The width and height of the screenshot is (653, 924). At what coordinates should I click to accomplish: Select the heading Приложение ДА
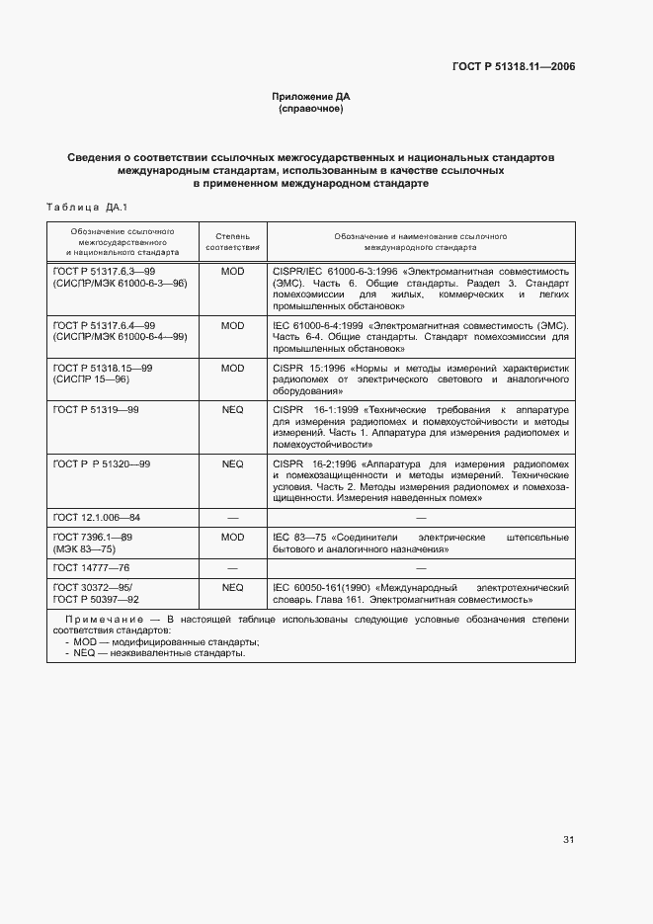(311, 97)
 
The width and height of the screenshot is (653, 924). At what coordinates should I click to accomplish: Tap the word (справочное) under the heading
(311, 109)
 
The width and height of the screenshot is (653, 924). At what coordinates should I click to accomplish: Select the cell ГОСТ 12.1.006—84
(96, 517)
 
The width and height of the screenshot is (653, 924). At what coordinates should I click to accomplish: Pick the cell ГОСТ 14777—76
(91, 568)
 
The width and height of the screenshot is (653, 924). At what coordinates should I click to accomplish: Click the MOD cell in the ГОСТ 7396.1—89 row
(232, 537)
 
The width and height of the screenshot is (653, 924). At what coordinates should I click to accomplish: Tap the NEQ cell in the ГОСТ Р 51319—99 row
(232, 407)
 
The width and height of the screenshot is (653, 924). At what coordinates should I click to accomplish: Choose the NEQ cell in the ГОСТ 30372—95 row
(232, 587)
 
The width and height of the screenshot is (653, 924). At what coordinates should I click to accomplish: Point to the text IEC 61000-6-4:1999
(317, 325)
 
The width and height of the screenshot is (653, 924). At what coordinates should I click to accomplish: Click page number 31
(568, 840)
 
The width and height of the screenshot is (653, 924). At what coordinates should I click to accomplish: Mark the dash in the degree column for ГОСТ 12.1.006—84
(232, 517)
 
